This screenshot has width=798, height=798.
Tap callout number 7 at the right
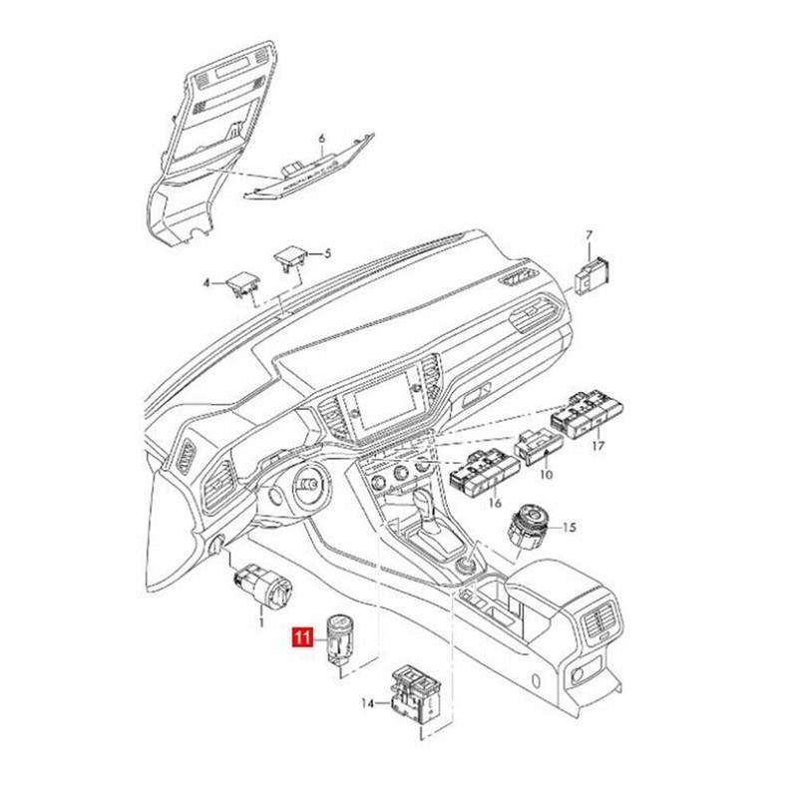coord(589,236)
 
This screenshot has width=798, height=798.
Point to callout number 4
coord(207,283)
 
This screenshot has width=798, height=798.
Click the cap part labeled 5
coord(290,258)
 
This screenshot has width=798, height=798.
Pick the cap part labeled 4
coord(240,282)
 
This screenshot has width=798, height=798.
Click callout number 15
coord(571,527)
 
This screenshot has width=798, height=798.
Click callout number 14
coord(368,704)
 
